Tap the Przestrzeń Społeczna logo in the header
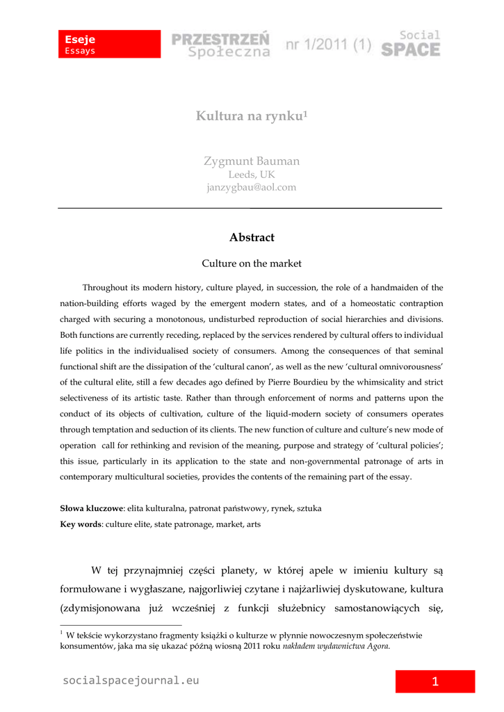[221, 44]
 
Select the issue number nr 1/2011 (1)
[328, 46]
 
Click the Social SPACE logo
[411, 43]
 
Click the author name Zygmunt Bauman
[252, 161]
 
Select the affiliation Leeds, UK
[252, 175]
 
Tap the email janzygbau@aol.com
[252, 188]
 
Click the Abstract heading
[252, 238]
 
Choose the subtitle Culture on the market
[252, 264]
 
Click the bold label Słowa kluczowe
[91, 509]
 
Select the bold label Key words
[81, 524]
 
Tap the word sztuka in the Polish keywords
[309, 509]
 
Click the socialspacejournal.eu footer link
[131, 681]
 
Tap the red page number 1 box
[435, 681]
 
